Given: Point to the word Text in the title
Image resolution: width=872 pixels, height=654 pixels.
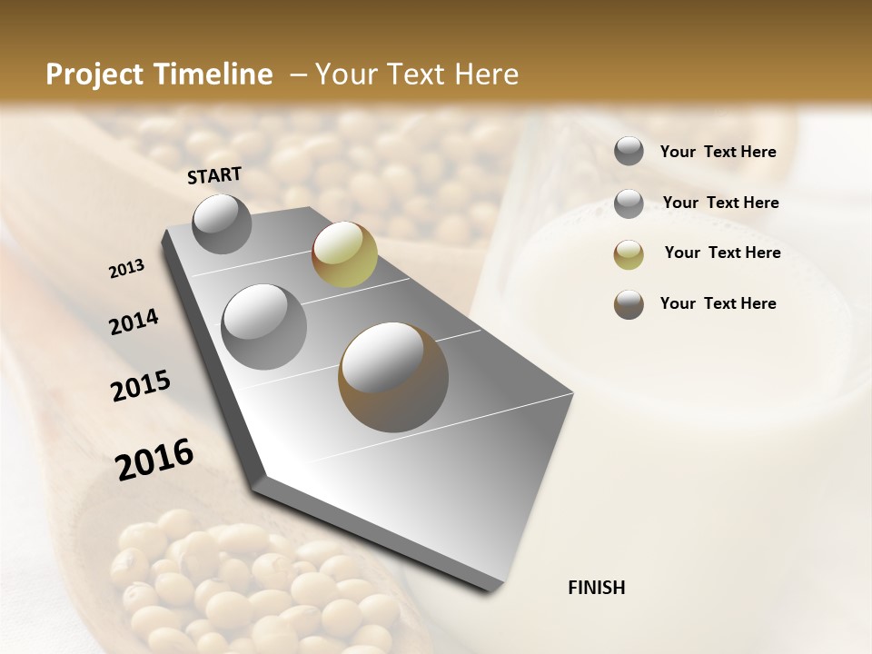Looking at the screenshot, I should click(x=412, y=74).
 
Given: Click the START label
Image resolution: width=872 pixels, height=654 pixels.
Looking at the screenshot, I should click(x=214, y=175).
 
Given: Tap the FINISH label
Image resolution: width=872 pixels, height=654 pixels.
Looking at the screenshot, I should click(x=596, y=588).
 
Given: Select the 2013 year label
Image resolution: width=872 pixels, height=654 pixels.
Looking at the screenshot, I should click(x=126, y=269).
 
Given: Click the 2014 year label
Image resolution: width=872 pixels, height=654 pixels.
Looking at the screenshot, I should click(x=134, y=322).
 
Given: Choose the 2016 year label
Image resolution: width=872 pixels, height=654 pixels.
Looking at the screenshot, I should click(x=154, y=459).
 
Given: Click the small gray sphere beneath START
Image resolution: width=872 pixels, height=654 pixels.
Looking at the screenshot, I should click(x=222, y=223).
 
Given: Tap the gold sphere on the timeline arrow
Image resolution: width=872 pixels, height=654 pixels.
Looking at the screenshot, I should click(x=344, y=253).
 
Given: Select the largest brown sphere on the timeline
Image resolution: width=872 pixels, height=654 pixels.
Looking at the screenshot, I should click(x=393, y=377).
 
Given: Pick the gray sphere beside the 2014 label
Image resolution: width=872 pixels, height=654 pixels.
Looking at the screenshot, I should click(x=264, y=326).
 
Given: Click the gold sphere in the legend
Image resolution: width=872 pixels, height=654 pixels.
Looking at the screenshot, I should click(x=629, y=254).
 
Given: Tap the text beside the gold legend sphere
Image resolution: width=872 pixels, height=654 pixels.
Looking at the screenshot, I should click(x=722, y=253).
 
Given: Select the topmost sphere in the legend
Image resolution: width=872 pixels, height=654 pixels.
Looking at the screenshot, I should click(x=629, y=152).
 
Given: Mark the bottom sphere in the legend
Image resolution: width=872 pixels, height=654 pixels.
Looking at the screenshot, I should click(x=629, y=304).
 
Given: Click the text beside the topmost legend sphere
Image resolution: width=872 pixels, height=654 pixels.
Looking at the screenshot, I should click(x=718, y=152).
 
